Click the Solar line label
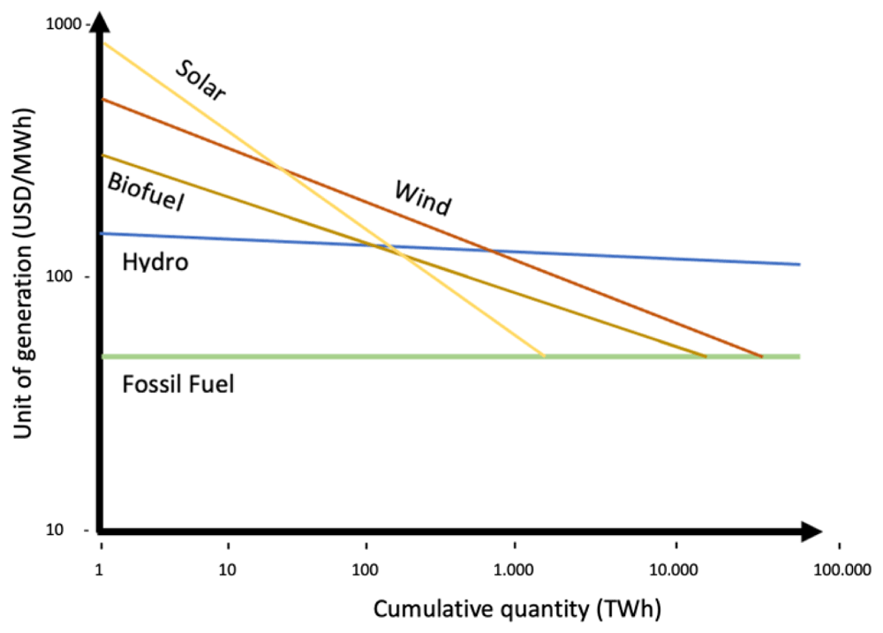[200, 80]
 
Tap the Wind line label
[422, 198]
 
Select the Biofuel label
[146, 192]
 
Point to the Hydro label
[155, 261]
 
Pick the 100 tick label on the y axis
[68, 277]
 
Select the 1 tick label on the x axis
[102, 569]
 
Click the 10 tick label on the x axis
[228, 569]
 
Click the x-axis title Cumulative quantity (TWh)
[517, 610]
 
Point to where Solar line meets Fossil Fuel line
[543, 357]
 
